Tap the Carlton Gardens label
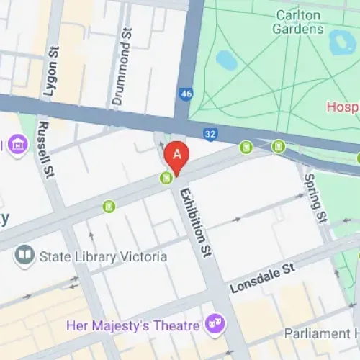297,22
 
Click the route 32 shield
209,133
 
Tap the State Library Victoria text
104,256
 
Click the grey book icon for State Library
25,256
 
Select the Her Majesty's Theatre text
132,325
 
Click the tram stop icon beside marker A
166,177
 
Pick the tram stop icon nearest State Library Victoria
109,207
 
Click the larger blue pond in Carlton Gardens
226,60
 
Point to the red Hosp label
343,106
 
